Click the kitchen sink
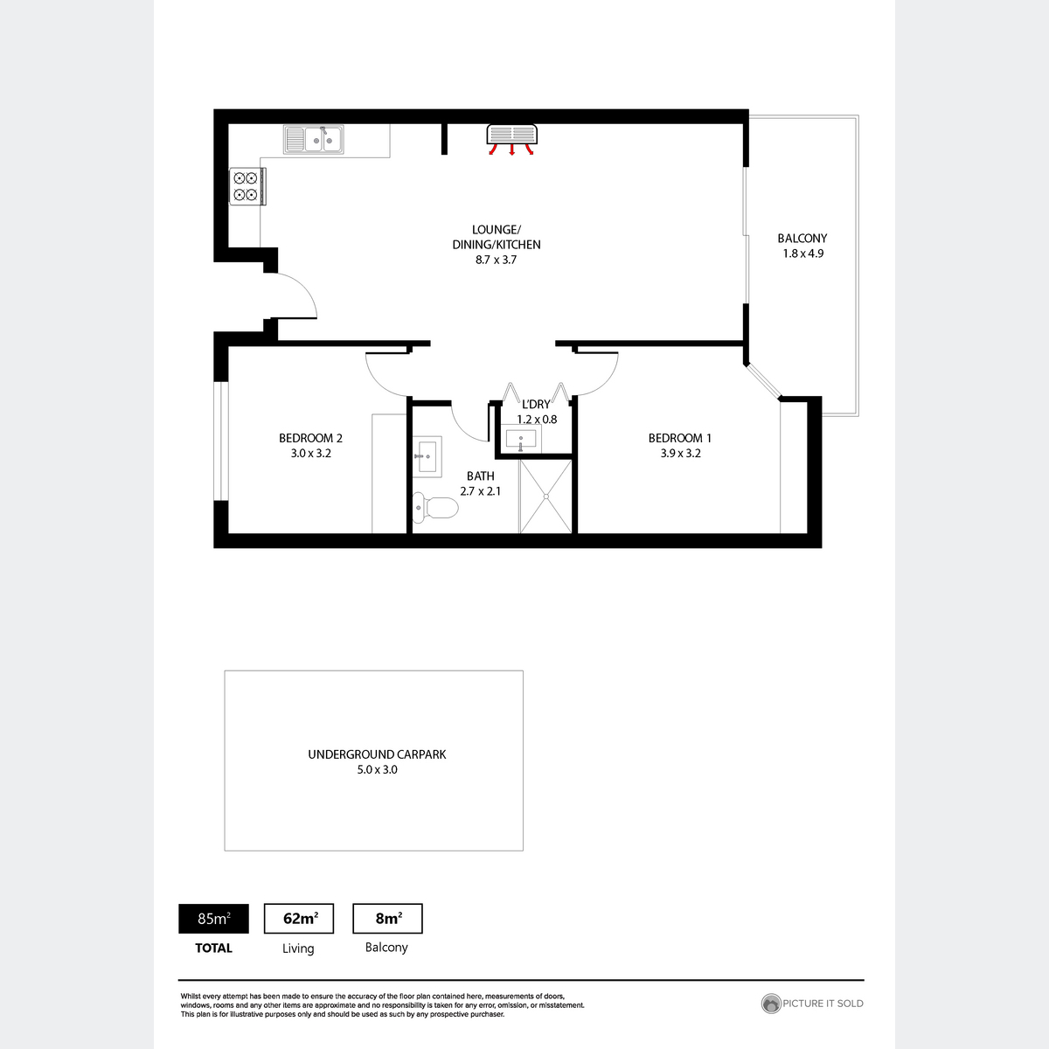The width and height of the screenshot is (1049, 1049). coord(313,139)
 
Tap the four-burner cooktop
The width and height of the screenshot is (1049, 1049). coord(247,186)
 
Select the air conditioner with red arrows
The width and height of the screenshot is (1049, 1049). coord(511,140)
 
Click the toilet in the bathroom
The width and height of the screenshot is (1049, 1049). coord(435,507)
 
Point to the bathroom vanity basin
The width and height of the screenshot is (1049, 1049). coord(427,456)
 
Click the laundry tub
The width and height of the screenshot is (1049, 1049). coord(520,439)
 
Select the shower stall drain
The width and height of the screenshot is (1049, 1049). coord(545,497)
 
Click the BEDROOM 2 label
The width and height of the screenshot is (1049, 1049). coord(310,438)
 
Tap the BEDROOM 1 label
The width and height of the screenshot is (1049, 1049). coord(679,438)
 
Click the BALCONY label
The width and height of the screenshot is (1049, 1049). coord(802,239)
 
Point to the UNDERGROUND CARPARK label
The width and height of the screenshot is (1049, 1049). coord(377,754)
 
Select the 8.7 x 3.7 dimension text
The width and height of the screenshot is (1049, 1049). coord(496,260)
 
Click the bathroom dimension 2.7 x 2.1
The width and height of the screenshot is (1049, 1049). coord(480,491)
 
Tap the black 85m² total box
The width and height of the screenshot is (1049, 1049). coord(213,919)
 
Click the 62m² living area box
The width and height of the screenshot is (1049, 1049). coord(299,919)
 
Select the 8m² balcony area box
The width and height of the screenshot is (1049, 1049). coord(387,919)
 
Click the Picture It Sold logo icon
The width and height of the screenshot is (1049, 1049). coord(771,1004)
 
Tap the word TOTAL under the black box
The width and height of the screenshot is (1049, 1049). coord(213,948)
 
